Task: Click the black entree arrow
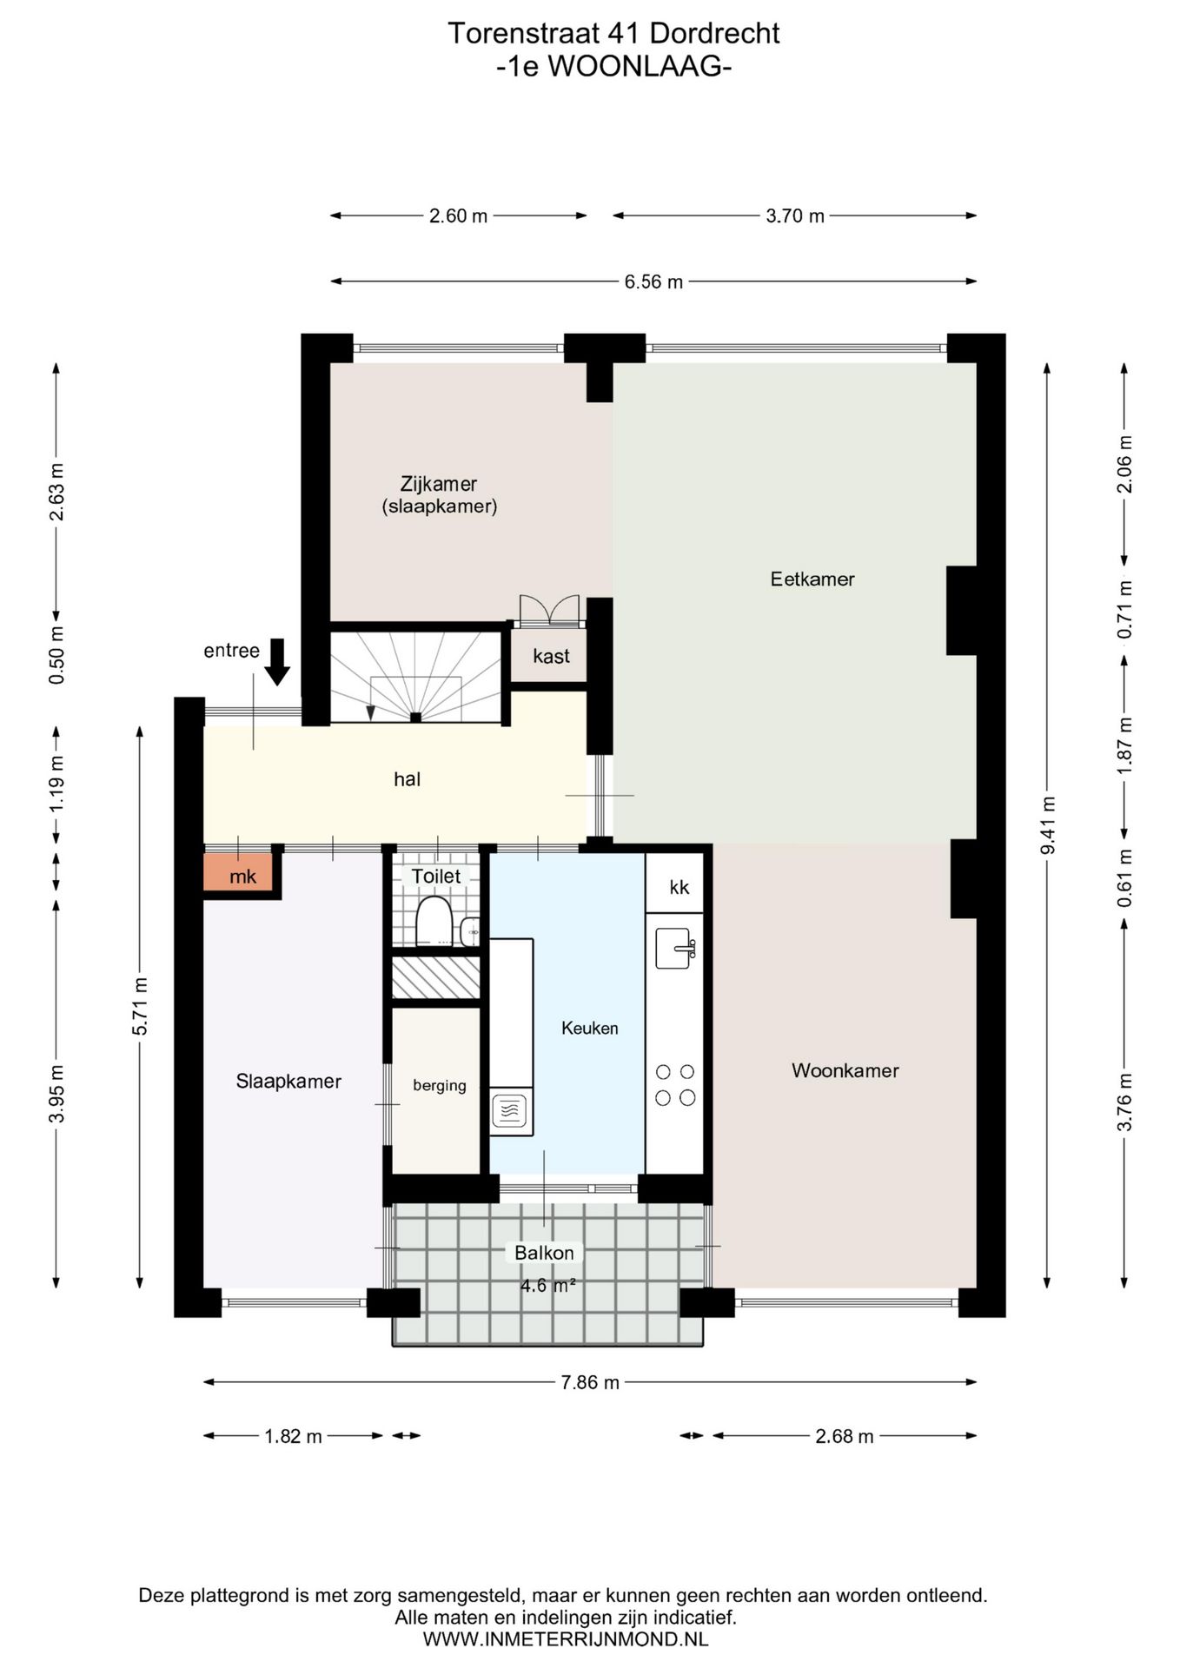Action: click(x=277, y=662)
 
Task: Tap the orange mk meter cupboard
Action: click(x=238, y=874)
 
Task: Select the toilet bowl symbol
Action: click(x=434, y=922)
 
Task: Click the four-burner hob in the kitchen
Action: click(x=675, y=1084)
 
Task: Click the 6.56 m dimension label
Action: click(x=653, y=281)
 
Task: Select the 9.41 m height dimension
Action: click(x=1048, y=825)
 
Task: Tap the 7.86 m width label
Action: click(x=590, y=1382)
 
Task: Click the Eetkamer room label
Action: click(x=812, y=579)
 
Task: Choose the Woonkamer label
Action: click(x=845, y=1070)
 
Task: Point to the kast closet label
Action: click(x=551, y=656)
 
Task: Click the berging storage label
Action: click(x=440, y=1086)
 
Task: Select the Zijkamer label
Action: click(x=439, y=484)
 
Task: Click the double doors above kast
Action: click(x=549, y=610)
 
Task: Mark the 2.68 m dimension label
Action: click(x=844, y=1437)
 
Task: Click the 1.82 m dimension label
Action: click(x=293, y=1437)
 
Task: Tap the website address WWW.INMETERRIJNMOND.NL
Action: click(x=566, y=1639)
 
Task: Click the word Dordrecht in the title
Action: click(x=714, y=34)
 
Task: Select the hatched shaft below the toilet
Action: click(x=436, y=977)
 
